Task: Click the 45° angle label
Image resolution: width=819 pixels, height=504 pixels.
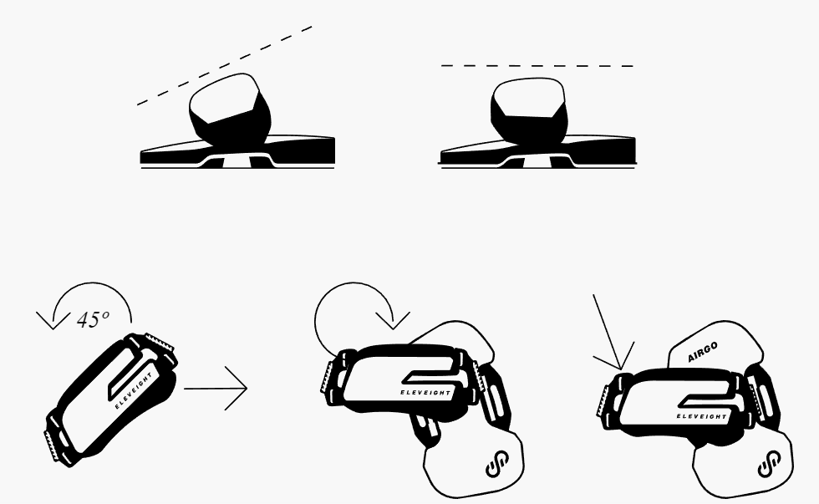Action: click(x=93, y=319)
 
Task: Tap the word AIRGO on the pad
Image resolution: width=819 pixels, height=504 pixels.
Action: click(x=703, y=352)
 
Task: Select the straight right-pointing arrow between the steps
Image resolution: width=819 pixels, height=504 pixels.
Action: click(x=216, y=388)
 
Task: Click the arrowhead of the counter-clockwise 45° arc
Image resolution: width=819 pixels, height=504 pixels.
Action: click(x=53, y=320)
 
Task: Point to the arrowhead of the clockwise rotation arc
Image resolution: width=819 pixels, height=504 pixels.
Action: click(x=394, y=320)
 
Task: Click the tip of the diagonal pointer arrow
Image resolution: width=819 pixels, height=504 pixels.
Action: click(x=621, y=369)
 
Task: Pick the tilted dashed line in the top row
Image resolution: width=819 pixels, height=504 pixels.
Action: click(x=225, y=65)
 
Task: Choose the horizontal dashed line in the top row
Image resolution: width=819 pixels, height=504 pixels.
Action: click(x=537, y=66)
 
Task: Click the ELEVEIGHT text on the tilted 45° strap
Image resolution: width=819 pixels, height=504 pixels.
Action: click(x=134, y=391)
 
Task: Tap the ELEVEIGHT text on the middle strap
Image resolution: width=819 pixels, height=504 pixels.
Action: click(x=425, y=392)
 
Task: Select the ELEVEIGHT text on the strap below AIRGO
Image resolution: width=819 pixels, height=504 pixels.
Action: click(x=701, y=416)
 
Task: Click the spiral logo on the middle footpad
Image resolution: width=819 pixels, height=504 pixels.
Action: click(x=497, y=463)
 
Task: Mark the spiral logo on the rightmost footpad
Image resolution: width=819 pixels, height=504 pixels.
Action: click(x=770, y=463)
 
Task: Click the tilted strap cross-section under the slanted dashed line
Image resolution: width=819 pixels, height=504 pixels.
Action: click(x=229, y=109)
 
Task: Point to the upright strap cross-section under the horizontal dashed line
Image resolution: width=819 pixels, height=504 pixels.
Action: click(x=528, y=110)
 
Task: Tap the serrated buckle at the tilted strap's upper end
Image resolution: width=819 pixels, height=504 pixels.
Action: click(x=160, y=343)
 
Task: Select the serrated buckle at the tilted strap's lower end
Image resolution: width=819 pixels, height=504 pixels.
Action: click(x=51, y=445)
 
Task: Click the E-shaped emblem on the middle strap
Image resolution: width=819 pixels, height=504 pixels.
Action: click(x=428, y=378)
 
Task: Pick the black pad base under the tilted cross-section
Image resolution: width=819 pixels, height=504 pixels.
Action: click(x=237, y=151)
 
